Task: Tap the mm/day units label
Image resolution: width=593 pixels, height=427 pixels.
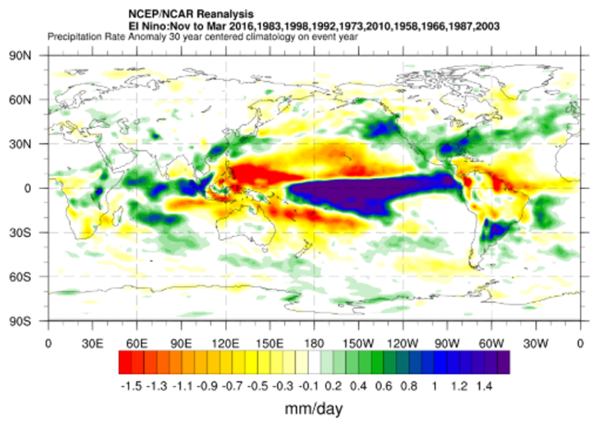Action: (314, 409)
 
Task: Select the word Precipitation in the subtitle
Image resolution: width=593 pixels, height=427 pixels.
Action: (71, 38)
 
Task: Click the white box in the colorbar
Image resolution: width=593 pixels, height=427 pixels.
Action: (314, 362)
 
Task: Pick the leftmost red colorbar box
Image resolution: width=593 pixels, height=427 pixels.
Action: (125, 362)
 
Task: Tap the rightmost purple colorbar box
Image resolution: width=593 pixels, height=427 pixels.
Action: (504, 362)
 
